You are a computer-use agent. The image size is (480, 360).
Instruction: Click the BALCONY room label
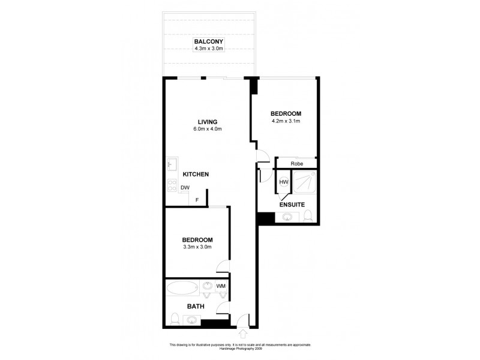tap(208, 41)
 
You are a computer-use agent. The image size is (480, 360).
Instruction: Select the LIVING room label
tap(208, 122)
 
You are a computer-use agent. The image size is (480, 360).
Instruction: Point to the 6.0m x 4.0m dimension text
tap(208, 129)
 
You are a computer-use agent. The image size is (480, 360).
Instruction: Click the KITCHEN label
tap(196, 175)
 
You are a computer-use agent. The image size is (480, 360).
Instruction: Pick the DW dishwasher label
tap(185, 188)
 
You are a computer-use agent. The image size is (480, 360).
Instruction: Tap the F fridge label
tap(196, 200)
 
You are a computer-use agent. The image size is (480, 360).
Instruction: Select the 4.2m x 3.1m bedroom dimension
tap(285, 121)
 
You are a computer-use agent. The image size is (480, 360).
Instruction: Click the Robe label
tap(296, 163)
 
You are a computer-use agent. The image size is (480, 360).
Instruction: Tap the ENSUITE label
tap(292, 205)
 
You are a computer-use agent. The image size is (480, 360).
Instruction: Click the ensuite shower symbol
tap(305, 182)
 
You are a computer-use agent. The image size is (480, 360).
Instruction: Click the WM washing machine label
tap(221, 286)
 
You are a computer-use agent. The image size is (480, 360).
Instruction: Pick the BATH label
tap(196, 306)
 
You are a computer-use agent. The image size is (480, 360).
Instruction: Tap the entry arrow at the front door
tap(244, 332)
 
